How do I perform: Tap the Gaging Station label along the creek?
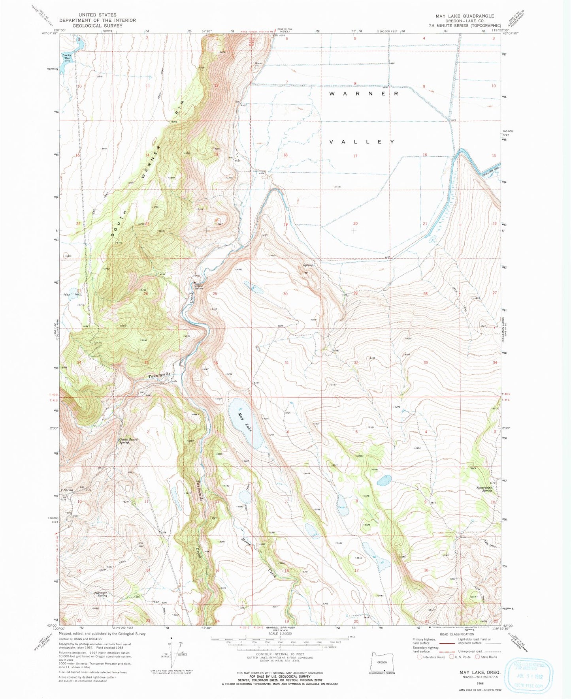point(198,287)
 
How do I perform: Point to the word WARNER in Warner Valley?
point(364,94)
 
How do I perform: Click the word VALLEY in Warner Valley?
point(362,142)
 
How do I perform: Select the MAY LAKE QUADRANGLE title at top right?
point(464,16)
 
